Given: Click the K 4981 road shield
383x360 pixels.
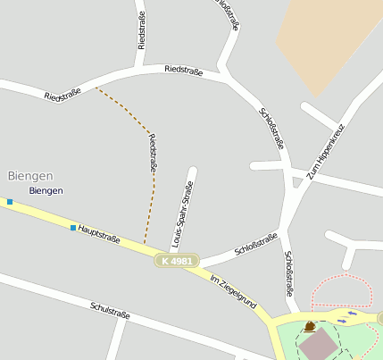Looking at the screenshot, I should pyautogui.click(x=175, y=261).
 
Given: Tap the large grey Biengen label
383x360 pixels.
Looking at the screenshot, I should pyautogui.click(x=30, y=176).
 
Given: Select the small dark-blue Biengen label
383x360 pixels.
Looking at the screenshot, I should pyautogui.click(x=46, y=191).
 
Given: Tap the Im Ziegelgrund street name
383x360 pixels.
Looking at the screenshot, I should pyautogui.click(x=233, y=292).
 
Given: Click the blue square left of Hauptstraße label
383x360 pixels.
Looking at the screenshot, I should pyautogui.click(x=72, y=228).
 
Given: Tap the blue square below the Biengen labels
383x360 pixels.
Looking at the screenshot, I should pyautogui.click(x=10, y=202).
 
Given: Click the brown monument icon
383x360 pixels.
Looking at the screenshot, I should pyautogui.click(x=309, y=327).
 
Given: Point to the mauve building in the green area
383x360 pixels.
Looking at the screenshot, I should pyautogui.click(x=317, y=345).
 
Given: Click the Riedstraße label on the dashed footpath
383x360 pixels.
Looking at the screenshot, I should pyautogui.click(x=153, y=153).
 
